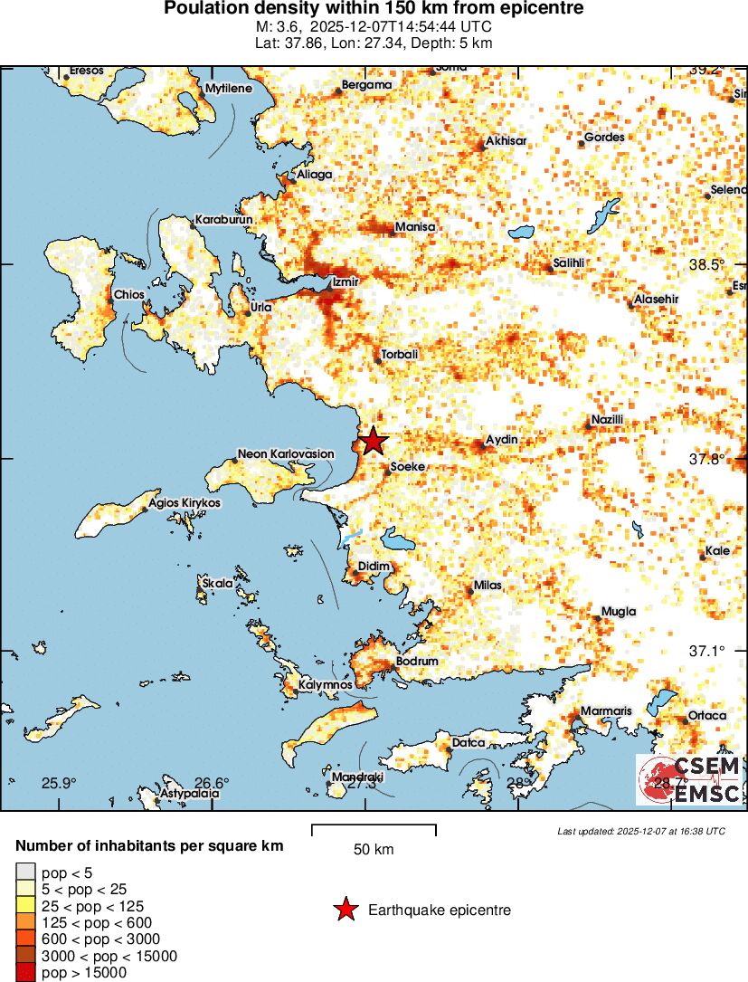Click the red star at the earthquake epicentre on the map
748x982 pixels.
pyautogui.click(x=373, y=442)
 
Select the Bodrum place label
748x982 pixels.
pyautogui.click(x=417, y=662)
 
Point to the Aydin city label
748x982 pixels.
pyautogui.click(x=502, y=440)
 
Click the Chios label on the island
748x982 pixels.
pyautogui.click(x=128, y=295)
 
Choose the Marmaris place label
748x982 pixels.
pyautogui.click(x=606, y=711)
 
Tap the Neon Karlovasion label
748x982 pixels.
pyautogui.click(x=285, y=453)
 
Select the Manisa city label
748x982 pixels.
pyautogui.click(x=415, y=226)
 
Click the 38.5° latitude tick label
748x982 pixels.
pyautogui.click(x=706, y=264)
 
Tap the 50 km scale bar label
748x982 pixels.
pyautogui.click(x=373, y=850)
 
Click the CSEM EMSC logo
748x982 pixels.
pyautogui.click(x=689, y=780)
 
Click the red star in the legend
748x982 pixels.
pyautogui.click(x=346, y=910)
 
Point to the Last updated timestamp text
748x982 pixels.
pyautogui.click(x=640, y=831)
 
